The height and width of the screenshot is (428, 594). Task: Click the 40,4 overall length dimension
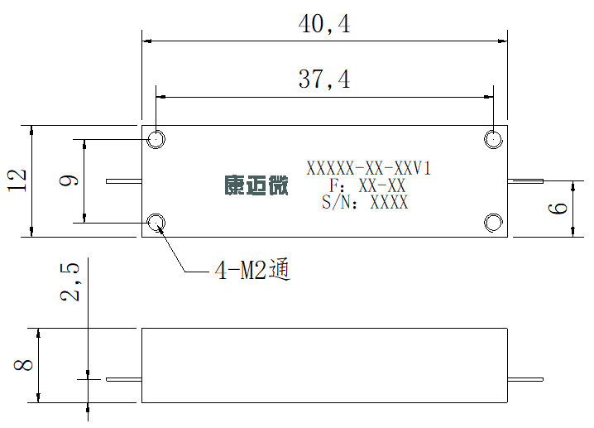pyautogui.click(x=324, y=24)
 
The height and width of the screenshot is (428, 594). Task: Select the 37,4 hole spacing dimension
pyautogui.click(x=324, y=79)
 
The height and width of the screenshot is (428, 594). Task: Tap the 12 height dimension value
pyautogui.click(x=17, y=180)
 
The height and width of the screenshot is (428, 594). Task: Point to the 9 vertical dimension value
pyautogui.click(x=69, y=180)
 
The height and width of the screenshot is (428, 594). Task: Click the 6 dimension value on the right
pyautogui.click(x=558, y=209)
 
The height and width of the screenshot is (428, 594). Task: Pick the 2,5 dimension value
pyautogui.click(x=69, y=281)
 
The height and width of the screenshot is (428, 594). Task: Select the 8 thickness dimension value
pyautogui.click(x=23, y=365)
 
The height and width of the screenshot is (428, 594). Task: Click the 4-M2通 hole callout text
pyautogui.click(x=252, y=270)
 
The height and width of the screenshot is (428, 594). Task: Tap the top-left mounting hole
pyautogui.click(x=156, y=139)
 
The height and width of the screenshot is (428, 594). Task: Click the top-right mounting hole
pyautogui.click(x=493, y=139)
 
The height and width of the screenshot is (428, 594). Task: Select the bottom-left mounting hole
pyautogui.click(x=156, y=223)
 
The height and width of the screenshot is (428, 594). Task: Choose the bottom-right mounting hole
pyautogui.click(x=493, y=223)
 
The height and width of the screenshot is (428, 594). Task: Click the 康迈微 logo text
pyautogui.click(x=256, y=185)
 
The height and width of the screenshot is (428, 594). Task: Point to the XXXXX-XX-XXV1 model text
pyautogui.click(x=369, y=168)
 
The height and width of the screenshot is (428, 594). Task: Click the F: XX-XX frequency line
pyautogui.click(x=367, y=185)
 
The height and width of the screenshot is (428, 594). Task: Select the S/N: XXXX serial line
pyautogui.click(x=365, y=202)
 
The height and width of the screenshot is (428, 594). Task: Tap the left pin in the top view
pyautogui.click(x=124, y=181)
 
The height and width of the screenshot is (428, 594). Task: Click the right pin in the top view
pyautogui.click(x=525, y=181)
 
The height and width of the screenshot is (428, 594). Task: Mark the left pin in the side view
pyautogui.click(x=124, y=379)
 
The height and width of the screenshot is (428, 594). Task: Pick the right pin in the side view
pyautogui.click(x=525, y=379)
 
